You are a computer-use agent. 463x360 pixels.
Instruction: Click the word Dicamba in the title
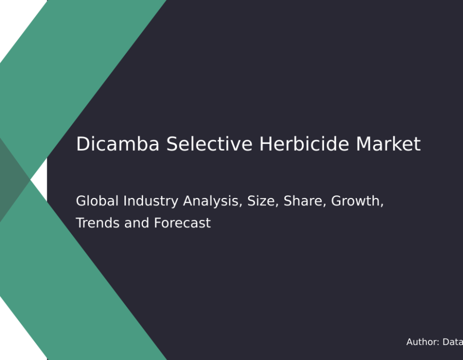pos(118,144)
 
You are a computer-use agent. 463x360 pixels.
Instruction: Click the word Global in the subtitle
pos(97,201)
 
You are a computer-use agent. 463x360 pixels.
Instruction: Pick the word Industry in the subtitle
pos(151,202)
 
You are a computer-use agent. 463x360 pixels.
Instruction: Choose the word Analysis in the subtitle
pos(212,202)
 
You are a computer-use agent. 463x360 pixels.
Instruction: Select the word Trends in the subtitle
pos(98,223)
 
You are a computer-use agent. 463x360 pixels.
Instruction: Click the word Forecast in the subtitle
pos(182,223)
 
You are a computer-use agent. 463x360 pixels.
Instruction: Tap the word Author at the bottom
pos(423,342)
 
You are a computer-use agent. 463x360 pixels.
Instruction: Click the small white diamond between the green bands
pos(39,180)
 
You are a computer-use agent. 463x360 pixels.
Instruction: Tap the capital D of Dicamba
pos(82,144)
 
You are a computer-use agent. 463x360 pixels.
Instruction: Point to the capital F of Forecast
pos(158,223)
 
